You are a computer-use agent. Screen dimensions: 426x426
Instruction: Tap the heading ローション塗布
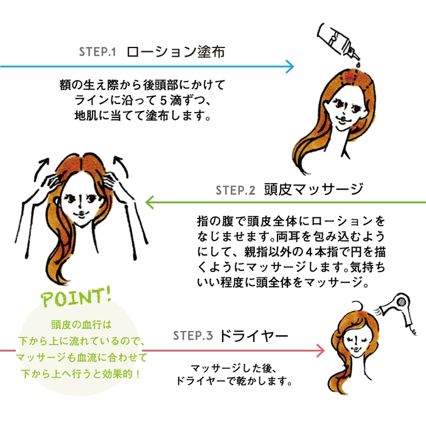coord(176,52)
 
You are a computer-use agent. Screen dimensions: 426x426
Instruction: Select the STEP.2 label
coord(234,190)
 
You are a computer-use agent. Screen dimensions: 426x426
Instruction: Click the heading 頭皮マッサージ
coord(313,189)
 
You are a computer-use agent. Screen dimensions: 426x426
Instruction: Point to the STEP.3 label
coord(192,336)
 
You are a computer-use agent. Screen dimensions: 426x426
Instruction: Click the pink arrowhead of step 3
coord(319,351)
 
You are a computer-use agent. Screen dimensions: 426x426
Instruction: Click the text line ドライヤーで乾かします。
coord(234,383)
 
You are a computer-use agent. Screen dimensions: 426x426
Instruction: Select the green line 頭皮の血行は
coord(80,326)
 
